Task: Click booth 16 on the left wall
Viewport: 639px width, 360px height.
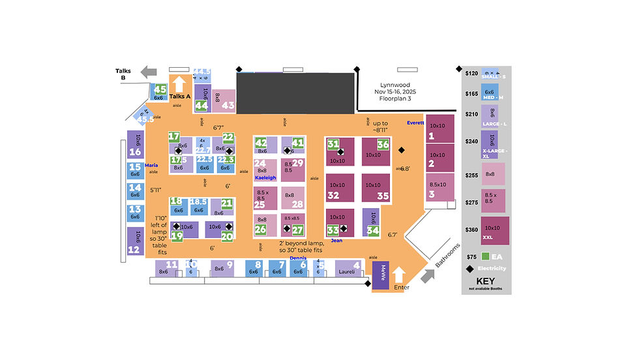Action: point(135,145)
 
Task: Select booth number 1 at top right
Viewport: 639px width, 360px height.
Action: point(439,129)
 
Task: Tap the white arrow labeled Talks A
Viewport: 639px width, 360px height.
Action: point(180,85)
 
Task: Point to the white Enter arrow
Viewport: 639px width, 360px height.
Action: point(400,276)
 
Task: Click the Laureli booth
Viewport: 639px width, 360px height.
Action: point(348,268)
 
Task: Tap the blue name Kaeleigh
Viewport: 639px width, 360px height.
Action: point(265,177)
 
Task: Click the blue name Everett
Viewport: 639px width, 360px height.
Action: point(415,123)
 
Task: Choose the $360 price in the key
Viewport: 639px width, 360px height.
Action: point(471,230)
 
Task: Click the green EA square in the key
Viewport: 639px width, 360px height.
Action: point(486,256)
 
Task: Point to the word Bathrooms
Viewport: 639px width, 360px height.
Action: point(443,261)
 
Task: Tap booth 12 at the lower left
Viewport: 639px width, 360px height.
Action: point(134,243)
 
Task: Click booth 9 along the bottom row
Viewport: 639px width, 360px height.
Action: point(222,267)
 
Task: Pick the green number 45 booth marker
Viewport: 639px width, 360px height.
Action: point(160,90)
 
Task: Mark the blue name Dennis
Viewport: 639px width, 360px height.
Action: point(298,258)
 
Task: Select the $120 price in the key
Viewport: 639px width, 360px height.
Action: point(471,73)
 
